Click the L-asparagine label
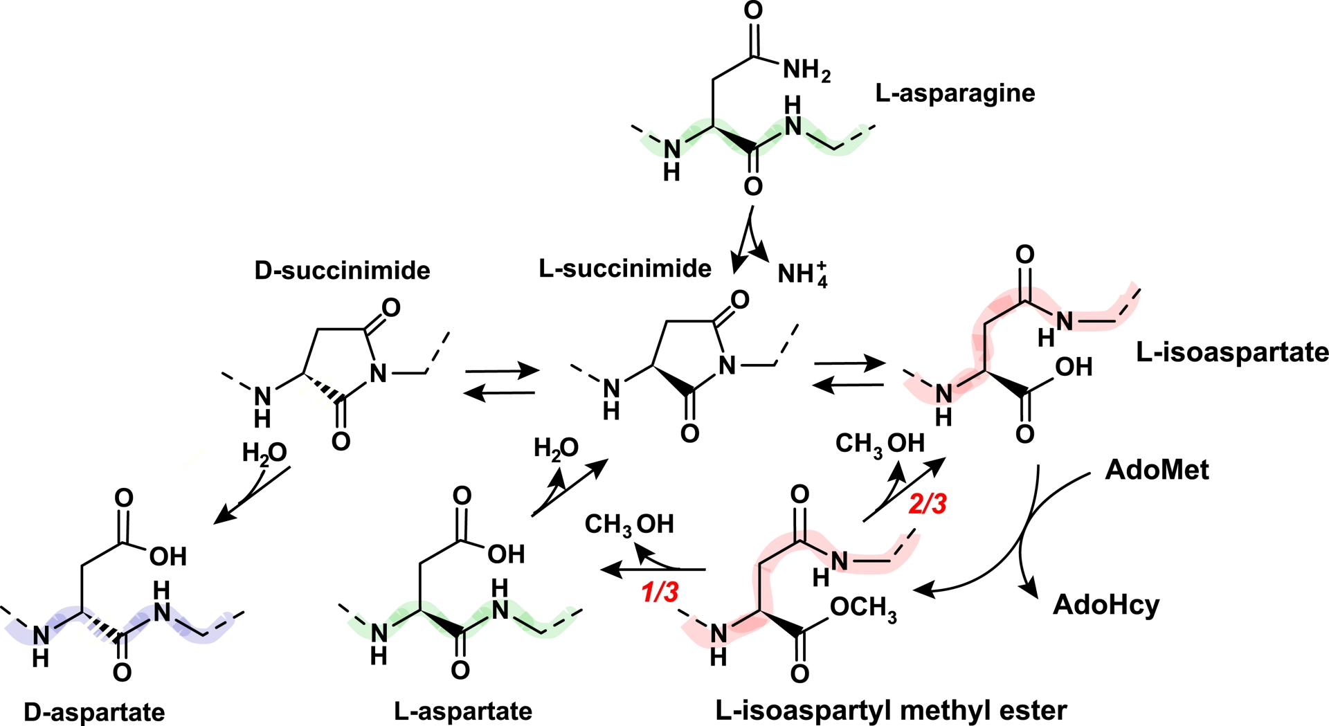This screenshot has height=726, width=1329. click(955, 93)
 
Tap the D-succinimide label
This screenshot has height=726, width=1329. click(342, 270)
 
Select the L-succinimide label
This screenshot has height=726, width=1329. click(625, 269)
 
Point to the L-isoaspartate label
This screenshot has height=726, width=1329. click(1232, 353)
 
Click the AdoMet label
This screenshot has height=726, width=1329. click(1157, 470)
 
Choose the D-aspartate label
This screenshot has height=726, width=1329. click(94, 712)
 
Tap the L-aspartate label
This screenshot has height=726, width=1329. click(463, 711)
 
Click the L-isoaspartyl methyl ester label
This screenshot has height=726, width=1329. click(892, 711)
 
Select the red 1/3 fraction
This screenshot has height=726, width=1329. click(660, 592)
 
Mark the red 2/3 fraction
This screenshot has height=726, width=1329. click(927, 505)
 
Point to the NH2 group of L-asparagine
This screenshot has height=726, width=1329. click(806, 71)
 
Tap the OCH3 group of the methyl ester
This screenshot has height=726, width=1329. click(863, 608)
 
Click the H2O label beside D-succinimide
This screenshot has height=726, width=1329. click(264, 453)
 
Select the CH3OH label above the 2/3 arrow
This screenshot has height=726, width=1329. click(880, 444)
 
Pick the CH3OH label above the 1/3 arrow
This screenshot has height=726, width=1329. click(629, 525)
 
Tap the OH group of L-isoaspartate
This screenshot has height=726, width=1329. click(1074, 367)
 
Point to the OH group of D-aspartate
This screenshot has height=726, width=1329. click(168, 556)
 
